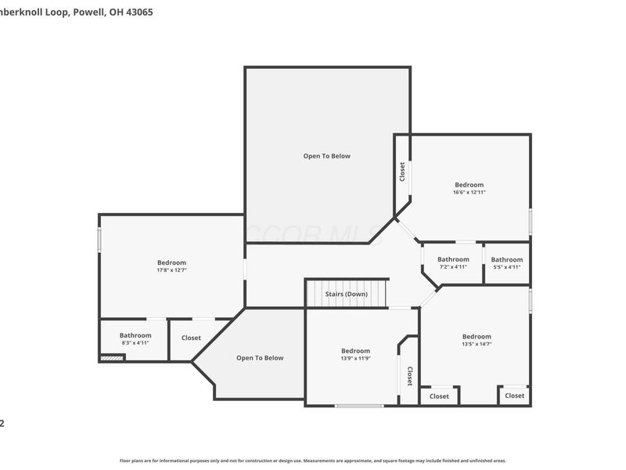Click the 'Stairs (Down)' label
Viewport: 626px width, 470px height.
[x=346, y=294]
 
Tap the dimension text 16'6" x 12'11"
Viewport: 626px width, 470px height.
[x=469, y=192]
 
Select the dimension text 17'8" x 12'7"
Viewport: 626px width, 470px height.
[x=171, y=270]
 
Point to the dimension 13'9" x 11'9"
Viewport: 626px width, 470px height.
[x=355, y=358]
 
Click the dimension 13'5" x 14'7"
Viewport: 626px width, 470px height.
[x=476, y=344]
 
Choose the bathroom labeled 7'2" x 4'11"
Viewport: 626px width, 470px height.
[x=453, y=263]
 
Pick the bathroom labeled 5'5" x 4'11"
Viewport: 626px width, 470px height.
[x=506, y=263]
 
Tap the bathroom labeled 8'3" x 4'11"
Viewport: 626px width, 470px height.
[x=135, y=339]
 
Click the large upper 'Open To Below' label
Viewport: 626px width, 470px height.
[x=327, y=156]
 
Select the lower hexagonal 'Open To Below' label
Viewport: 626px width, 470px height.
[x=260, y=358]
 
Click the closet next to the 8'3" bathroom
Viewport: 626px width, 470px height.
[x=191, y=338]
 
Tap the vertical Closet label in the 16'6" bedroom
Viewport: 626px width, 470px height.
[x=402, y=171]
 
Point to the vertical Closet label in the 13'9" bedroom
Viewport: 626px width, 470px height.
[x=409, y=377]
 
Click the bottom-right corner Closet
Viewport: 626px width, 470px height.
[x=514, y=396]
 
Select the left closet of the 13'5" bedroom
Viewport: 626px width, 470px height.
[x=439, y=396]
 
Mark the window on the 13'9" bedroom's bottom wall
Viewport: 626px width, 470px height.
[x=359, y=405]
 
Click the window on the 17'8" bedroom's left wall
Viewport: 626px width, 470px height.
[x=99, y=239]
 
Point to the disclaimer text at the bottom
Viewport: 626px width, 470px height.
[x=312, y=461]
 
